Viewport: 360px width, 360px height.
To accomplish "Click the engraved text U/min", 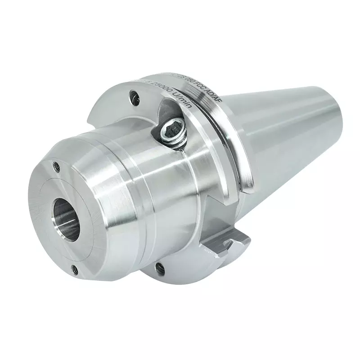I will pyautogui.click(x=182, y=99).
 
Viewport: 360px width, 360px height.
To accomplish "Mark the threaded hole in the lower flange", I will pyautogui.click(x=158, y=269).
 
